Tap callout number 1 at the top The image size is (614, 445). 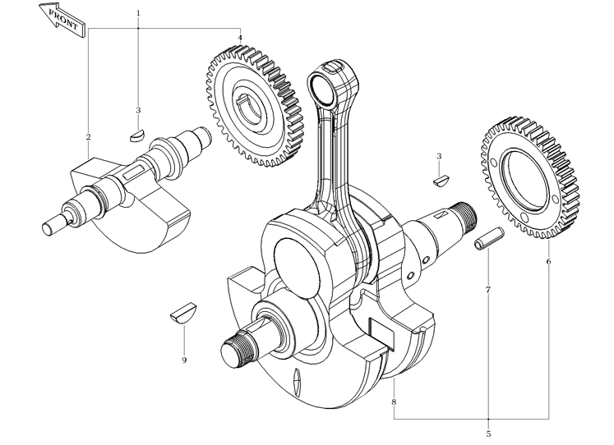pos(138,13)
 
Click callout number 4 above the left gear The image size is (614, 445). pos(240,38)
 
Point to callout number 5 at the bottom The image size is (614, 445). pos(488,433)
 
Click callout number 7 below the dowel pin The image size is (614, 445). pos(488,291)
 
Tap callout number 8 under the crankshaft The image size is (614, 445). pos(395,401)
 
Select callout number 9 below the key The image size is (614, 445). pos(184,360)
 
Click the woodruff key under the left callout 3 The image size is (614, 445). pos(138,130)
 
